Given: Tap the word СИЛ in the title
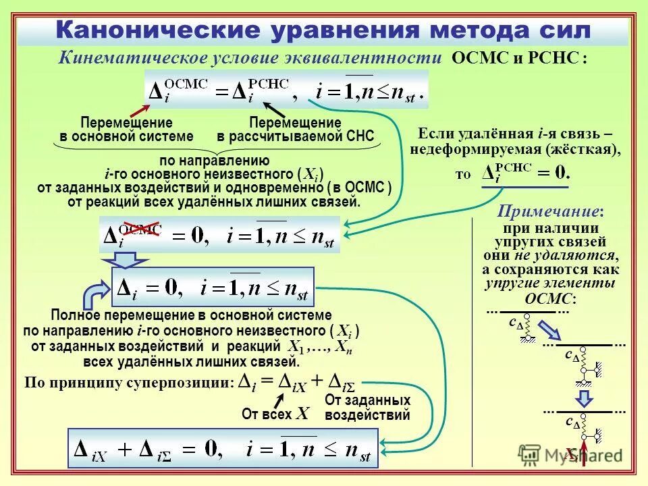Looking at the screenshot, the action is tap(560, 30).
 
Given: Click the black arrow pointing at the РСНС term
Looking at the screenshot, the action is tap(273, 109).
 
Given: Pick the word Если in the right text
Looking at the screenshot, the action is tap(433, 133).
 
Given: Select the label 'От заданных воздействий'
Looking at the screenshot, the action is tap(367, 408).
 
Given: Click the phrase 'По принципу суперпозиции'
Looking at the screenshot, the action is tap(127, 382).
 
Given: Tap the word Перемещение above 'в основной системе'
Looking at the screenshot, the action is tap(126, 123).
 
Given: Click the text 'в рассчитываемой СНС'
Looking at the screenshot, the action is tap(295, 136).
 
